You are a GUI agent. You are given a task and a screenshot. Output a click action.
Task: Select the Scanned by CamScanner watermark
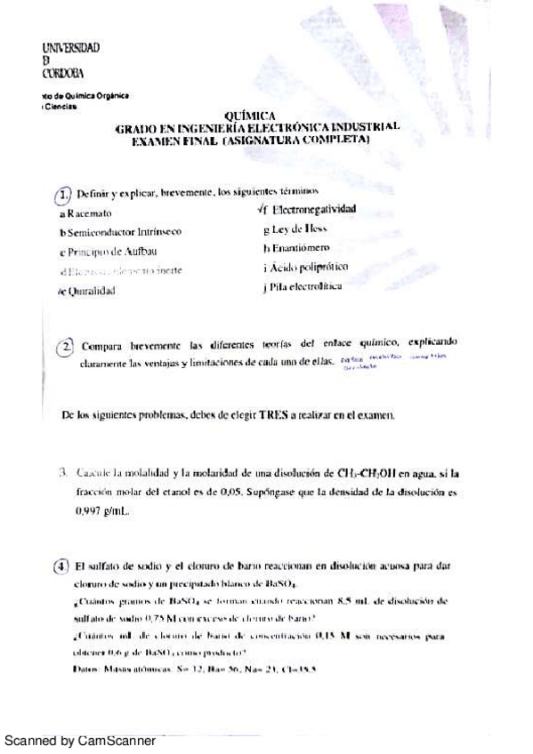(x=80, y=740)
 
